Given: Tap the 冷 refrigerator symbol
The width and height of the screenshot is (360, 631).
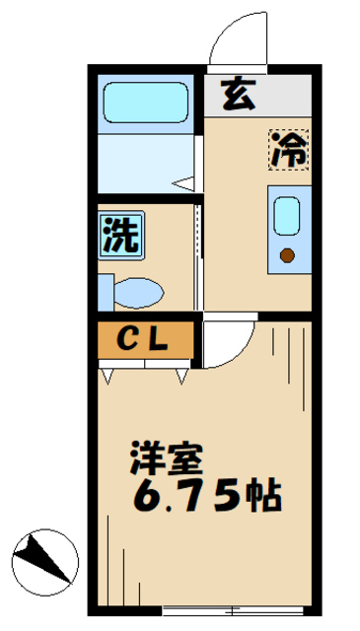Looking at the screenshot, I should pos(289,149).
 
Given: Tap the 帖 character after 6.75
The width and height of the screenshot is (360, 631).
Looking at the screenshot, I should pos(264,495).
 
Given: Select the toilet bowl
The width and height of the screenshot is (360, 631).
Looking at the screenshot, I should pos(139,292).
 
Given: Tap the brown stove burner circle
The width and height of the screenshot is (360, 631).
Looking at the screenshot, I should pos(287,256).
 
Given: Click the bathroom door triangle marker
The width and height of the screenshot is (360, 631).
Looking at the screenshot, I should pos(182,182).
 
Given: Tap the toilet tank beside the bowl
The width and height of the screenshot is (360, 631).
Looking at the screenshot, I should pos(105,292).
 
